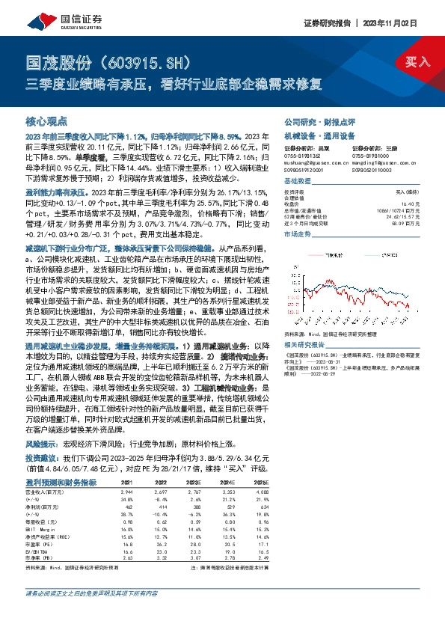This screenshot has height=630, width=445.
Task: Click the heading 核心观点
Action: pos(46,120)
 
